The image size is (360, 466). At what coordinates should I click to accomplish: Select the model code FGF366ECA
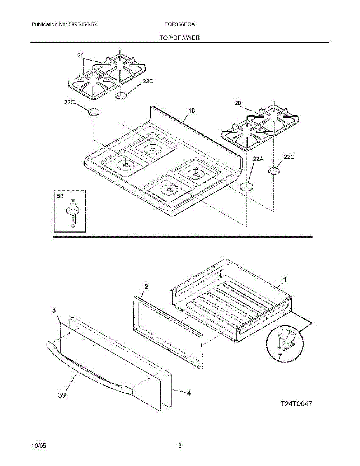pyautogui.click(x=180, y=24)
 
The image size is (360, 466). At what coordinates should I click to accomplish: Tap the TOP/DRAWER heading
pyautogui.click(x=179, y=38)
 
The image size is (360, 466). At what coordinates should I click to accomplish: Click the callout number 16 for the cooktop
pyautogui.click(x=191, y=111)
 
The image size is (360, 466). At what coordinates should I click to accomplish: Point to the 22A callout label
pyautogui.click(x=258, y=159)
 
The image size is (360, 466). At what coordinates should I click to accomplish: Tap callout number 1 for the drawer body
pyautogui.click(x=285, y=279)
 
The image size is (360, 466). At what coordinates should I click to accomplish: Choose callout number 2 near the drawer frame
pyautogui.click(x=146, y=287)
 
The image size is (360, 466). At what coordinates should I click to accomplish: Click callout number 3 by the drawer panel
pyautogui.click(x=54, y=310)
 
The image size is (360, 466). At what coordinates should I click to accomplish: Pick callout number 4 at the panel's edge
pyautogui.click(x=189, y=393)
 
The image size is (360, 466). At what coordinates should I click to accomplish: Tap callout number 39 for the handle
pyautogui.click(x=62, y=395)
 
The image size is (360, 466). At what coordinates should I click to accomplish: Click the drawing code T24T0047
pyautogui.click(x=296, y=404)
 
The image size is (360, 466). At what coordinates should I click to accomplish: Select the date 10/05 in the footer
pyautogui.click(x=39, y=446)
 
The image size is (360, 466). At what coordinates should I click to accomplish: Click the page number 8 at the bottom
pyautogui.click(x=180, y=446)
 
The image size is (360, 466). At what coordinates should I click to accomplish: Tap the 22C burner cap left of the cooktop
pyautogui.click(x=94, y=112)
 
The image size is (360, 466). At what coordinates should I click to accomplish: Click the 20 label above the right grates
pyautogui.click(x=238, y=103)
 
